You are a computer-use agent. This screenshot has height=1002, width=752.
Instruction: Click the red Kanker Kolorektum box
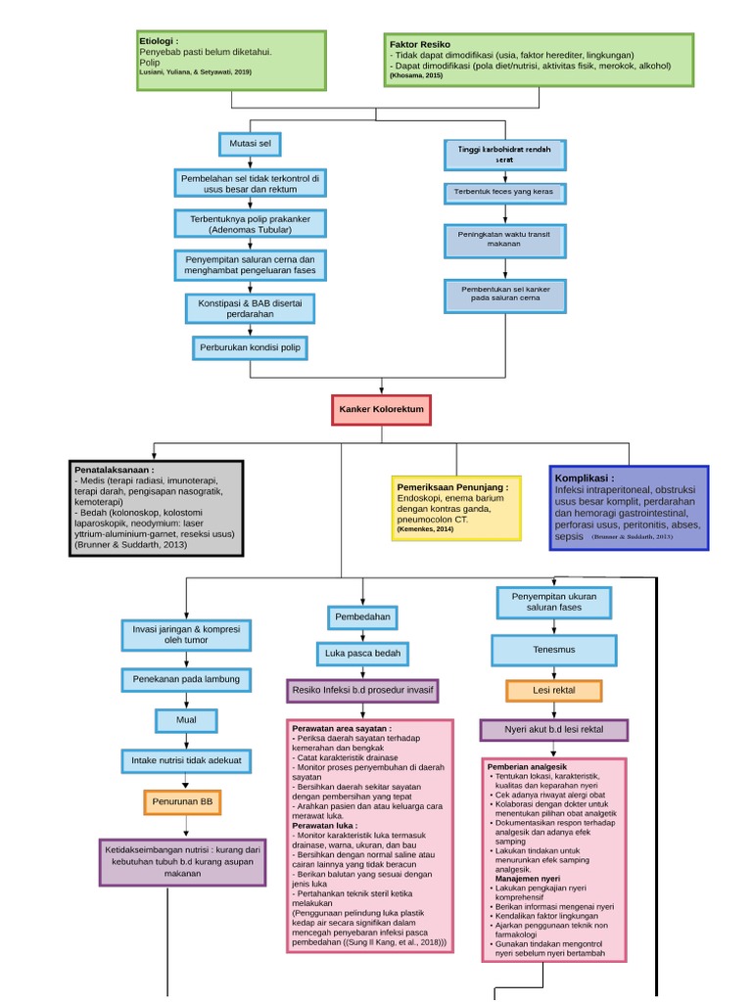(380, 409)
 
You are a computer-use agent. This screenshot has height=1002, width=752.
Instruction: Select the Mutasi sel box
(250, 144)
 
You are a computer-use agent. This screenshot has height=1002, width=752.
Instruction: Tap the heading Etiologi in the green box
(159, 42)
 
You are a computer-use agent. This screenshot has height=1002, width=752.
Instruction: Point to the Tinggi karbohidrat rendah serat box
(503, 153)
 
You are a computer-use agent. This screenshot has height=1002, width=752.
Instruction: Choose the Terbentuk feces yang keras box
(503, 192)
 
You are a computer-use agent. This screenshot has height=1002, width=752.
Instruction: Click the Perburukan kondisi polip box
(250, 348)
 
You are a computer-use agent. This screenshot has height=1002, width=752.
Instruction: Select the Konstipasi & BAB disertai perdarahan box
(250, 309)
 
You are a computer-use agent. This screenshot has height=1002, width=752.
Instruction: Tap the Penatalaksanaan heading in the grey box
(114, 470)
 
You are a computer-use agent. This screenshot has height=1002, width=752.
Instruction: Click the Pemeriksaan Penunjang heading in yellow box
(451, 486)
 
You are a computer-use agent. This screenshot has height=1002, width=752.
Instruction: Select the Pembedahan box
(362, 617)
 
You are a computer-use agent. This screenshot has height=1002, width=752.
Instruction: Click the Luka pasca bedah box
(362, 653)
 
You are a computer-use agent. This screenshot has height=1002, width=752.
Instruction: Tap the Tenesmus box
(553, 650)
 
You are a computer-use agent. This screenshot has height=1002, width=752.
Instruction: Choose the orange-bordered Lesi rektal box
(553, 691)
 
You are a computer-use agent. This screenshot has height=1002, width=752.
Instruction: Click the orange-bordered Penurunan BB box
(181, 802)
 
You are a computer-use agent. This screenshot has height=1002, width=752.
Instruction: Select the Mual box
(186, 720)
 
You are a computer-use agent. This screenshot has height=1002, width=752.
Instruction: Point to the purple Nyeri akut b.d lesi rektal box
(553, 730)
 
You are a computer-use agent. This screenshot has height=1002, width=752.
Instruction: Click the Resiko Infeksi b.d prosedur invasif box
(362, 691)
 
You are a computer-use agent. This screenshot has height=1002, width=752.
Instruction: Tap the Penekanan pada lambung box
(186, 678)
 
